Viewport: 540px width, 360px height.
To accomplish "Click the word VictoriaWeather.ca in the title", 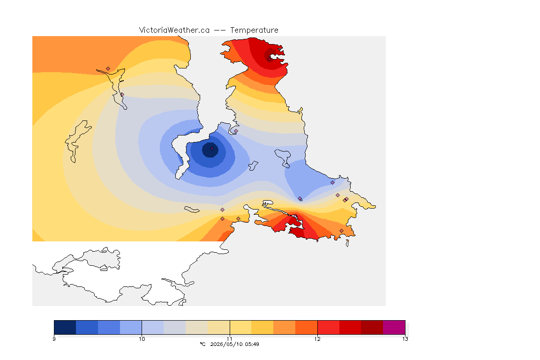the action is tap(174, 30).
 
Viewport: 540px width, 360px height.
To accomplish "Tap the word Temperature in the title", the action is tap(254, 30).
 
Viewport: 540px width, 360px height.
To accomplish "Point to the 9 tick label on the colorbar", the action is tap(54, 339).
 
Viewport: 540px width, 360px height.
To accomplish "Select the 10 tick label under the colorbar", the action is tap(142, 339).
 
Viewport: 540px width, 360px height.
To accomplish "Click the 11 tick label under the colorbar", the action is tap(229, 339).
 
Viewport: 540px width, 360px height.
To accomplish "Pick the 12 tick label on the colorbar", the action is tap(317, 339).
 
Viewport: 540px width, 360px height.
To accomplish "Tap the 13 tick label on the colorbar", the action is tap(405, 339).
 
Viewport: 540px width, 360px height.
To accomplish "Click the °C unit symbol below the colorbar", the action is tap(202, 344).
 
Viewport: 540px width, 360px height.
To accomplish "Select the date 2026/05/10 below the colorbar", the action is tap(226, 344).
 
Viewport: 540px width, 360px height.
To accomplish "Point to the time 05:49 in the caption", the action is tap(252, 344).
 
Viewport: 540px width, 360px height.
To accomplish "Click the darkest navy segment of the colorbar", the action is tap(65, 327).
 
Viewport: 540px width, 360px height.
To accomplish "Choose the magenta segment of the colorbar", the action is tap(394, 327).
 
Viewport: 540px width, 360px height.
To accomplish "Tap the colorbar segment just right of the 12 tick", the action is tap(328, 327).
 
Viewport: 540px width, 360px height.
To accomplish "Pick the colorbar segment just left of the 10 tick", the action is tap(131, 327).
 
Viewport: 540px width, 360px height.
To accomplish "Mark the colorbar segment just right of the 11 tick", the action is tap(241, 327).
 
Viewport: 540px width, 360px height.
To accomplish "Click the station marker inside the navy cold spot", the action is tap(212, 149).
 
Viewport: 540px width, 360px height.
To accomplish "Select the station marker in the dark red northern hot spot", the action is tap(269, 59).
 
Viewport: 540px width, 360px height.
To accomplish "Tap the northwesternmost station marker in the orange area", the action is tap(108, 69).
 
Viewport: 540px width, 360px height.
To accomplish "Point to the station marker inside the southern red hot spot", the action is tap(295, 217).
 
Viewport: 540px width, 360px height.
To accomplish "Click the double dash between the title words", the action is tap(220, 30).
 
